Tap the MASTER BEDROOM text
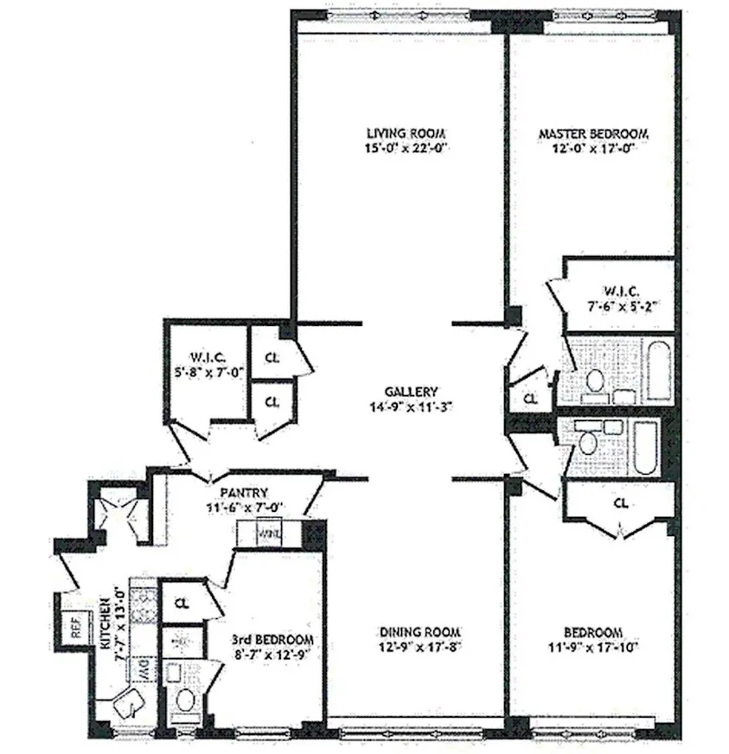coord(592,134)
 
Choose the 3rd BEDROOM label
coord(272,639)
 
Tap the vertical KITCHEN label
coord(106,617)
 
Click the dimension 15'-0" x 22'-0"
coord(398,149)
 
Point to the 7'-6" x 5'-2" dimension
coord(618,304)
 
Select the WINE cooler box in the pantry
coord(267,534)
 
